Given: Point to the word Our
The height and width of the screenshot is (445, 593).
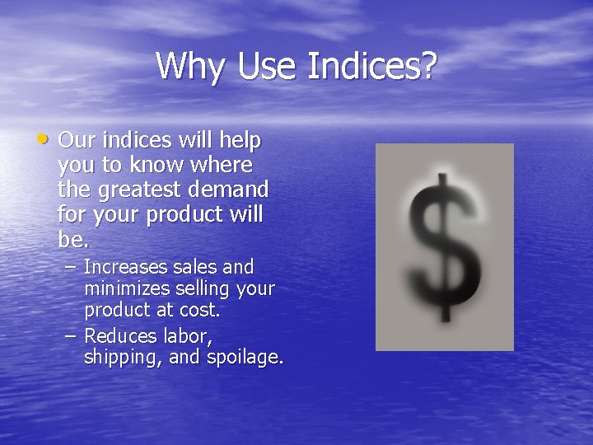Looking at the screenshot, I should tap(77, 141).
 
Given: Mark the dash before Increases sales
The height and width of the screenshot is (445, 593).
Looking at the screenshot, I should tap(72, 268).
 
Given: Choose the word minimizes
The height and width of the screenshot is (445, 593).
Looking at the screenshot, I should tap(124, 290).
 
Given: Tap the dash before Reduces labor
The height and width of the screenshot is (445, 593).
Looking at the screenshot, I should tap(72, 335).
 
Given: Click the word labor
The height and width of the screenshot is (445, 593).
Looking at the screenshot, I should tap(189, 335).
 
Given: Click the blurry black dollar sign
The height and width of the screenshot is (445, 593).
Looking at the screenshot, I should tap(444, 247).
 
